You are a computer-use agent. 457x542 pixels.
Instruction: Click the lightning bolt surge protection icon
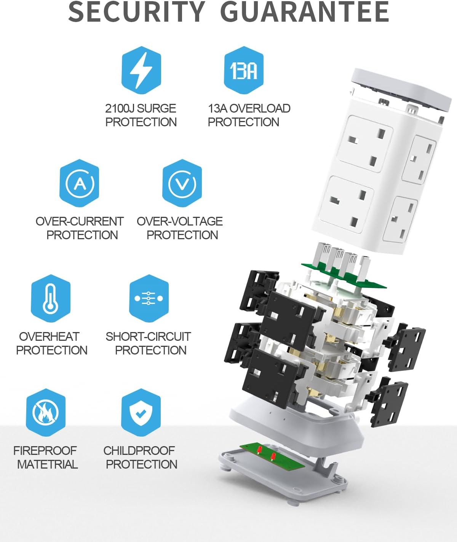click(x=141, y=70)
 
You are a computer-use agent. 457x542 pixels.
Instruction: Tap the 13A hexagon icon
click(x=244, y=70)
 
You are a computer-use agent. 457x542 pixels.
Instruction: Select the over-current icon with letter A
click(x=79, y=183)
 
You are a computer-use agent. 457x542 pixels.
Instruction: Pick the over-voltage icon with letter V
click(x=182, y=183)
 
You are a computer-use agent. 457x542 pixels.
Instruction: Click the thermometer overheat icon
click(x=51, y=299)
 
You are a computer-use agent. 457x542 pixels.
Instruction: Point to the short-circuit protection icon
click(x=149, y=299)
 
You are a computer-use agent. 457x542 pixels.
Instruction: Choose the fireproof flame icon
click(x=46, y=412)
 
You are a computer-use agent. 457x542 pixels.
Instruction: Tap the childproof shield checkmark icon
click(x=141, y=412)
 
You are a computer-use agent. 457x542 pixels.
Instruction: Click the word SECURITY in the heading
click(x=137, y=12)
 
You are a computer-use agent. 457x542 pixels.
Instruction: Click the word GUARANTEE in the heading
click(x=305, y=12)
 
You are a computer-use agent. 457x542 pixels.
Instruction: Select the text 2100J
click(x=119, y=108)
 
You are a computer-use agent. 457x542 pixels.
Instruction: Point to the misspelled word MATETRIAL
click(x=48, y=464)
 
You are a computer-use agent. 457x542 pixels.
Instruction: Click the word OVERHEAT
click(x=49, y=337)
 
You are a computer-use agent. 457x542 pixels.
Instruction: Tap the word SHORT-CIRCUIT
click(x=148, y=337)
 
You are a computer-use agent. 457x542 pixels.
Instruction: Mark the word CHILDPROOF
click(x=139, y=451)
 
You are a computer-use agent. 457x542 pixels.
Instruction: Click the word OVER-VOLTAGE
click(x=180, y=221)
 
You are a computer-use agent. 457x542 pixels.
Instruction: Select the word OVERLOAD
click(x=260, y=108)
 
